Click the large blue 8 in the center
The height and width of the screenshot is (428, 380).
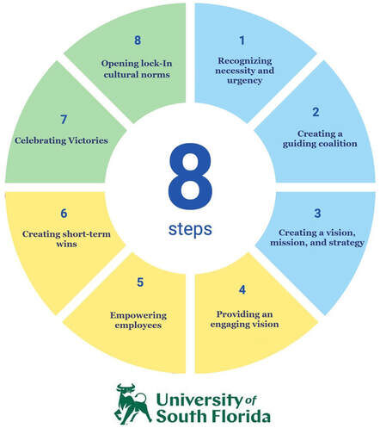pyautogui.click(x=190, y=176)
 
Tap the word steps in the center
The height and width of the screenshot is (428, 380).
pyautogui.click(x=190, y=229)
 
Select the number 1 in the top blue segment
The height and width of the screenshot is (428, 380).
pyautogui.click(x=242, y=40)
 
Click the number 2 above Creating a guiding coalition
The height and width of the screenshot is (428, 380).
pyautogui.click(x=316, y=112)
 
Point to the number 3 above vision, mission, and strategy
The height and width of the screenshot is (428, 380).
pyautogui.click(x=317, y=214)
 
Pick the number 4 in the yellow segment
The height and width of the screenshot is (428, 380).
pyautogui.click(x=242, y=289)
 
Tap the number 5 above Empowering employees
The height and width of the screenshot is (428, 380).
pyautogui.click(x=140, y=282)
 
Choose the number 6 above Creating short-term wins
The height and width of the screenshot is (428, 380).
pyautogui.click(x=64, y=214)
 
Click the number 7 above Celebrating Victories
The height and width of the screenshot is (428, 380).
pyautogui.click(x=64, y=120)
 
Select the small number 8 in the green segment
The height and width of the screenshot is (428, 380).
pyautogui.click(x=138, y=40)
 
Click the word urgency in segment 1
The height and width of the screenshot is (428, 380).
pyautogui.click(x=245, y=81)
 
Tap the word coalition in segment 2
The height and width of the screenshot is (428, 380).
pyautogui.click(x=337, y=143)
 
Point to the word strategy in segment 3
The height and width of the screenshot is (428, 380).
pyautogui.click(x=346, y=243)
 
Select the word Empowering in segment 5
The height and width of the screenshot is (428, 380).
pyautogui.click(x=138, y=315)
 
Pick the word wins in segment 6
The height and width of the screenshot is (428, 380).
pyautogui.click(x=66, y=244)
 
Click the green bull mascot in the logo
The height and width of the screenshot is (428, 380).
pyautogui.click(x=132, y=404)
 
